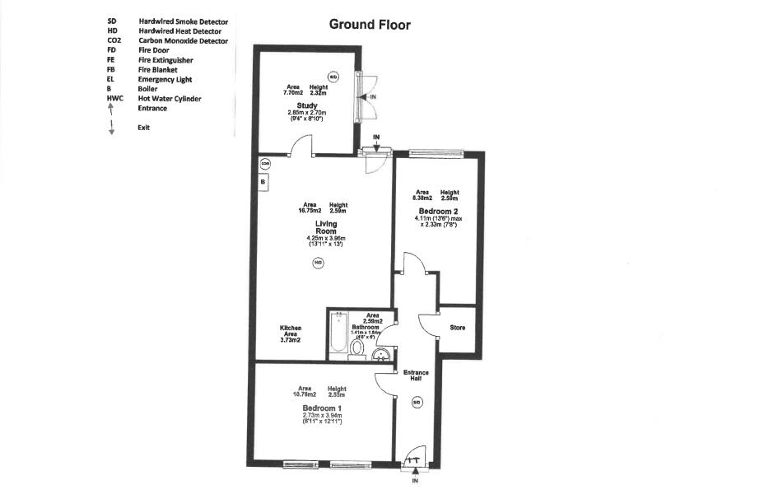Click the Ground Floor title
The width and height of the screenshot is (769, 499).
pyautogui.click(x=370, y=25)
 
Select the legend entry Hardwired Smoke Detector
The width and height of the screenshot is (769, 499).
pyautogui.click(x=183, y=21)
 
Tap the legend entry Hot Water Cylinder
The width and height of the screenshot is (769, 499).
pyautogui.click(x=170, y=99)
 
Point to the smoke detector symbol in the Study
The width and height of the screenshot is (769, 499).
pyautogui.click(x=333, y=77)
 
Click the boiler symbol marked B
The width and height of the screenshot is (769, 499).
pyautogui.click(x=263, y=181)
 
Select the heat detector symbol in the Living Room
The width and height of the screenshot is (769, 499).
pyautogui.click(x=318, y=263)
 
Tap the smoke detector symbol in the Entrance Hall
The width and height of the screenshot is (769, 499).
pyautogui.click(x=417, y=403)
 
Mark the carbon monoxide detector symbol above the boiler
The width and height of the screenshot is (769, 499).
pyautogui.click(x=265, y=163)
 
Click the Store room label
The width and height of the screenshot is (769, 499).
pyautogui.click(x=458, y=328)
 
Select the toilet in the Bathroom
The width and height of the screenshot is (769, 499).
pyautogui.click(x=357, y=349)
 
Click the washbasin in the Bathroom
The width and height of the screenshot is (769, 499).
pyautogui.click(x=381, y=355)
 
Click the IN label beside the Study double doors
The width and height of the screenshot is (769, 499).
pyautogui.click(x=373, y=96)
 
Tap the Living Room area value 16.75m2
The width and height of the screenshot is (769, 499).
pyautogui.click(x=310, y=208)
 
